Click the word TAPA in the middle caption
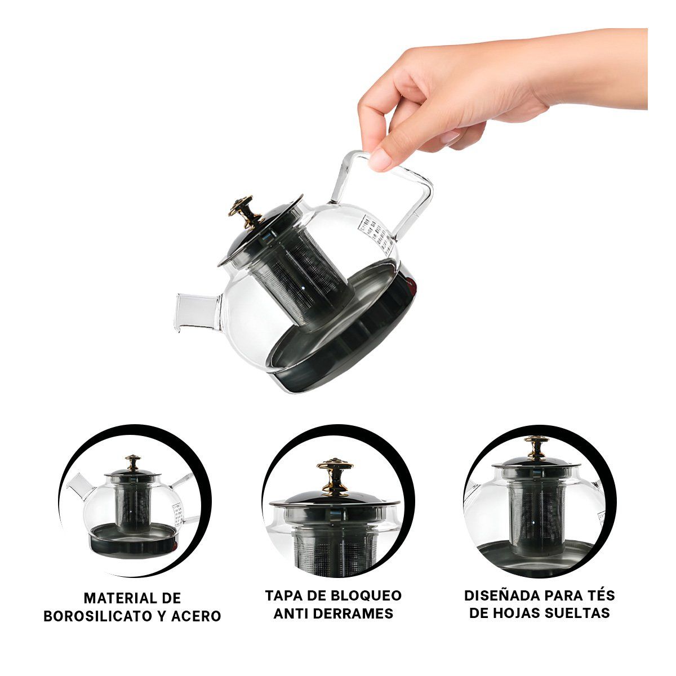point(285,595)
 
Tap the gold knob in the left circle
point(133,464)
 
